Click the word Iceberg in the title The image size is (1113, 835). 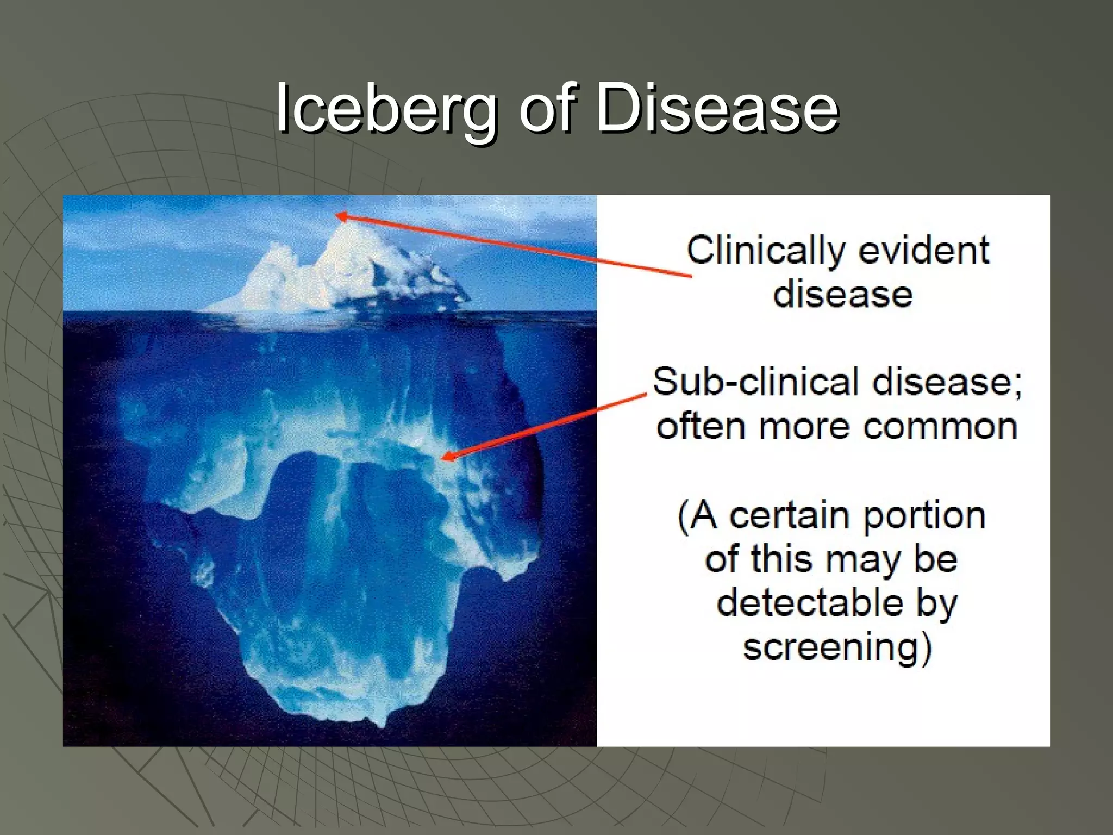(x=386, y=109)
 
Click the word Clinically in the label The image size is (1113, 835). (x=765, y=251)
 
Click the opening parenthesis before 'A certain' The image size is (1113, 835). (x=683, y=516)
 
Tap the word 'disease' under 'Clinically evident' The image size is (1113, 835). (x=842, y=295)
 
